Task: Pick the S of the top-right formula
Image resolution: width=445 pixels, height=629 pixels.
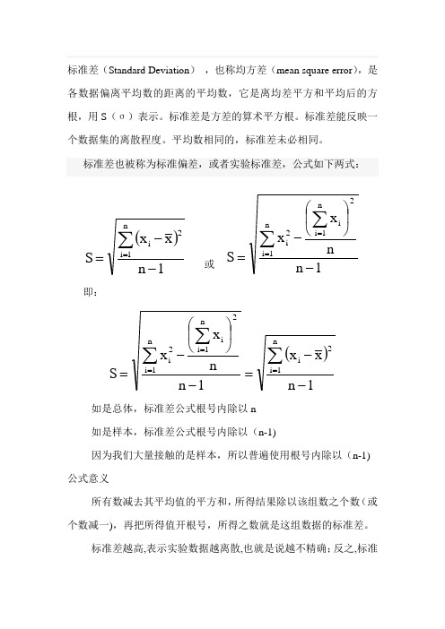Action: coord(235,259)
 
